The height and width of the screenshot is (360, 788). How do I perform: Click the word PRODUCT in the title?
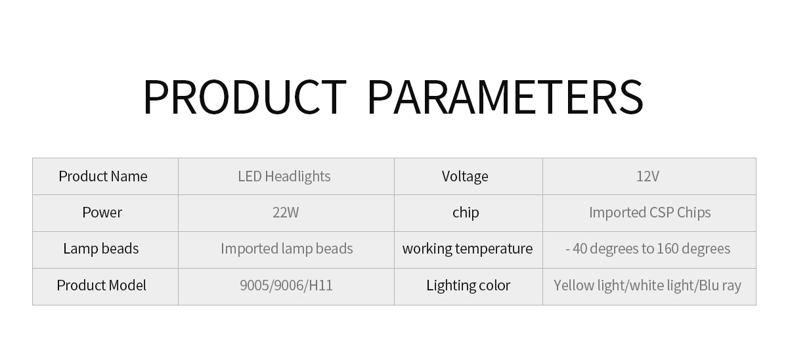point(244,97)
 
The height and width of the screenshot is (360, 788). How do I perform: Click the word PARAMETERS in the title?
point(505,97)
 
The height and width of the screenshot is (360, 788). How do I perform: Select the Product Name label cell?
point(103,176)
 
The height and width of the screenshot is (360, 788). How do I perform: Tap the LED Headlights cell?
point(284,176)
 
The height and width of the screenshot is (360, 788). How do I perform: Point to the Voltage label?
point(465,176)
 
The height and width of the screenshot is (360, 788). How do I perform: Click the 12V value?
point(647,176)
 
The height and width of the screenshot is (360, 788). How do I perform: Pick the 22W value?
point(286,212)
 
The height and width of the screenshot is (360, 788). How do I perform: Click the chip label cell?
point(466,212)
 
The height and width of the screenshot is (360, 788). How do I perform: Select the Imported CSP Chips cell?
point(649,212)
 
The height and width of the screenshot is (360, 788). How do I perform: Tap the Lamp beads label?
point(101,248)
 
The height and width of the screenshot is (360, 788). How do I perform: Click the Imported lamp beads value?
point(287,248)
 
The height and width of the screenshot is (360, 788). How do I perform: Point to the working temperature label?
point(468,248)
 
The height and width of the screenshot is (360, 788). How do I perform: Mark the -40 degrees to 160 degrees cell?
point(648,248)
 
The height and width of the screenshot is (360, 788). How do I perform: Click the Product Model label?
point(101,285)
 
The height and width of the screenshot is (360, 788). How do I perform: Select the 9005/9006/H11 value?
point(286,285)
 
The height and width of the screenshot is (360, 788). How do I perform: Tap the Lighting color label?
point(468,285)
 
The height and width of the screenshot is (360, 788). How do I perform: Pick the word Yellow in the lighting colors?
point(572,285)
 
